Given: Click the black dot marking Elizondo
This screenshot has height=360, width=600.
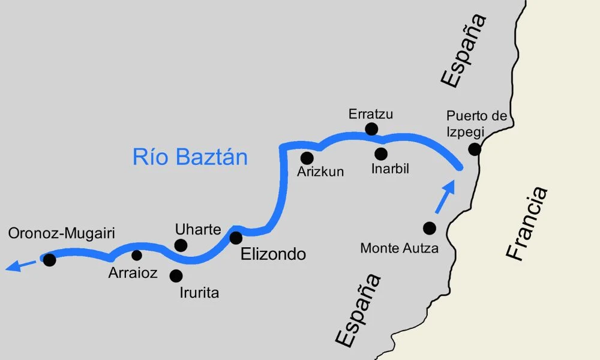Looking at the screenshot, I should pos(236,238).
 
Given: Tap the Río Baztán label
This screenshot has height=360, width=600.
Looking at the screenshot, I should pos(190,157).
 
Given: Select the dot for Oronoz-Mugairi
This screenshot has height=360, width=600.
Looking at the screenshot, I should pos(49,260).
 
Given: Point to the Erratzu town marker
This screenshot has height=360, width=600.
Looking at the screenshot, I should pos(371,128).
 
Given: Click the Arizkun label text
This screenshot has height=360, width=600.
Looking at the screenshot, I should pos(320,172).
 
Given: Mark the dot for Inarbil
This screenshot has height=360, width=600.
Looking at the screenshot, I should pos(381,154).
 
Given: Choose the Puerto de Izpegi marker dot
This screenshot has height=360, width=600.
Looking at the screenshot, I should pos(475,149).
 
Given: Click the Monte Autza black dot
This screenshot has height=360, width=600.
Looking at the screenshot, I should pos(429,228).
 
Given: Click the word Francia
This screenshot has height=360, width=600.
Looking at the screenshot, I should pos(527,223).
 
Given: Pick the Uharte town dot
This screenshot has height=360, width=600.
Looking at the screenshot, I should pos(180,245).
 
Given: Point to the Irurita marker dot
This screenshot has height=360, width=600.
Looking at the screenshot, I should pos(176,276).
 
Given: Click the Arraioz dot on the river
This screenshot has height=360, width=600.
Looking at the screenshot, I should pos(137,255).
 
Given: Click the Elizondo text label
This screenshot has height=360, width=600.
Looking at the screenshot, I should pos(273,254).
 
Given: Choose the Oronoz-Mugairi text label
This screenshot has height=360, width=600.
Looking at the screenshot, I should pos(62,233).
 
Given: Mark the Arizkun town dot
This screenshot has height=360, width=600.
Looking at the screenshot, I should pos(307,158).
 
